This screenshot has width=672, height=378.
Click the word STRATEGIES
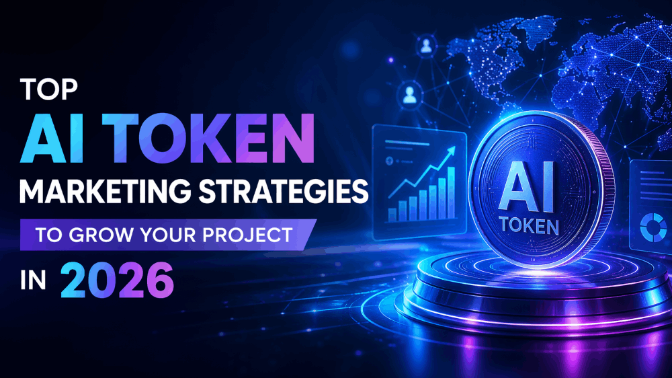click(x=287, y=192)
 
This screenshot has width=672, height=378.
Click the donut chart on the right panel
click(x=654, y=227)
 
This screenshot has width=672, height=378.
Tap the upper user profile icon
click(x=426, y=46)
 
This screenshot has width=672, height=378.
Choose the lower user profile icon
click(x=409, y=97)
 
